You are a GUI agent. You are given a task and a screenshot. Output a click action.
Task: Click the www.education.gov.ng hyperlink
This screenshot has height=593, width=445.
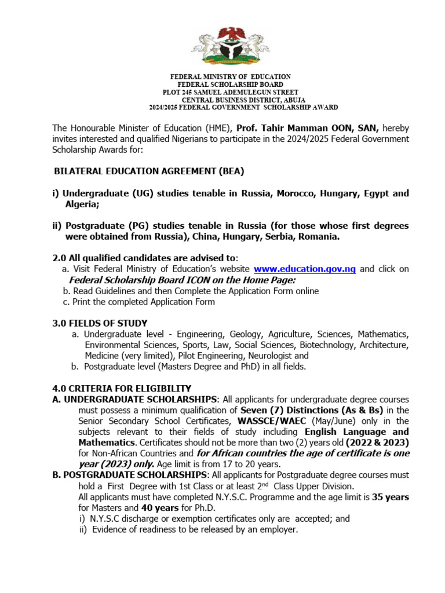(x=305, y=269)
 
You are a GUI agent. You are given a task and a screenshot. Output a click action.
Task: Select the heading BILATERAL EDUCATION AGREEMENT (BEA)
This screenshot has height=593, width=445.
(x=149, y=171)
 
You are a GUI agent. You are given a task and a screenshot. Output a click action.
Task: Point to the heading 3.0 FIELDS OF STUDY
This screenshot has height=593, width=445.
(x=100, y=323)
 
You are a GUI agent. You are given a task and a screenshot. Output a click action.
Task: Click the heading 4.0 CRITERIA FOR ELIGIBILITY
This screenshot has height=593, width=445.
(x=122, y=388)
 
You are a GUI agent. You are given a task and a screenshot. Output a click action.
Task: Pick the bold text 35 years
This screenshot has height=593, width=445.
(x=391, y=497)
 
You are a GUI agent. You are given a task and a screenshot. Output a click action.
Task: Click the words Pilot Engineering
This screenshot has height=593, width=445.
(x=214, y=356)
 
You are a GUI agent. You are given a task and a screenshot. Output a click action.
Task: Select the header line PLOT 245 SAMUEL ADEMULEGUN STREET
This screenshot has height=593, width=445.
(x=230, y=92)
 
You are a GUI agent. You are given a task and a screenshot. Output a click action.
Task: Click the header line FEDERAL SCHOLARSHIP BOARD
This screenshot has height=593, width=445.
(x=230, y=85)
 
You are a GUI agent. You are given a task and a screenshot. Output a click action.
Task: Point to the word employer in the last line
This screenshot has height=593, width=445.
(x=278, y=530)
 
